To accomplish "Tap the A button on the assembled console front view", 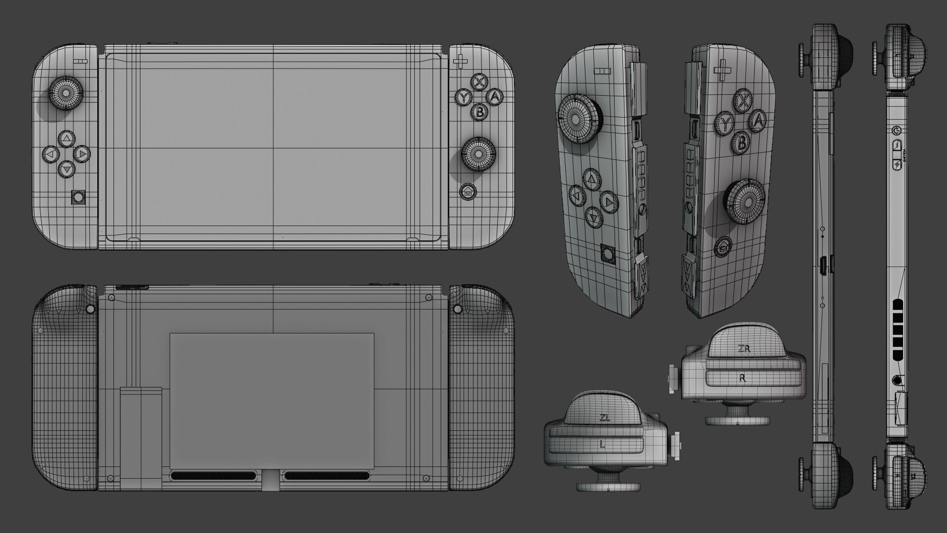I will click(495, 96).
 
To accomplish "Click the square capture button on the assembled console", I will click(78, 198).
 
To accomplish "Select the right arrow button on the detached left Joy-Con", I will click(609, 201).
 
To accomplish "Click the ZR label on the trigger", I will click(744, 348).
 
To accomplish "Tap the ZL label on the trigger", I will click(605, 417).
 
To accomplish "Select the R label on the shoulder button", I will click(743, 378).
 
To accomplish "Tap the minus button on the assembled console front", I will click(82, 63).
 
